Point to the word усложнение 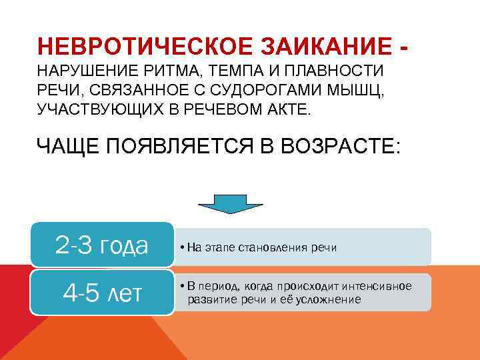(327, 299)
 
